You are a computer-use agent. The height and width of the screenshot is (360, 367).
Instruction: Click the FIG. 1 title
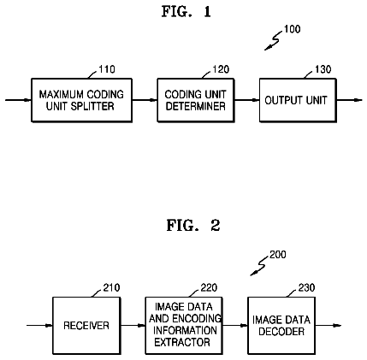pos(186,12)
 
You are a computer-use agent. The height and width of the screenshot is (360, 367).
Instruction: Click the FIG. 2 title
pos(193,225)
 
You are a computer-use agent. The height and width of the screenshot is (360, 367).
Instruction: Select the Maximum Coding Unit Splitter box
pos(81,100)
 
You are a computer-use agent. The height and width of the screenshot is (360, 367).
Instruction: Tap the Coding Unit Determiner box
pos(196,100)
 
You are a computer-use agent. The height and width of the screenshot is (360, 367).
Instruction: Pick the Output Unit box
pos(298,100)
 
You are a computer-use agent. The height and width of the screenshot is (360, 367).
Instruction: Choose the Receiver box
pos(86,326)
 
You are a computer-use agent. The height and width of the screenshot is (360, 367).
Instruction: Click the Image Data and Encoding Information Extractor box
pos(184,326)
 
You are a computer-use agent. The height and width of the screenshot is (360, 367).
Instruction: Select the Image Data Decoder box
pos(281,326)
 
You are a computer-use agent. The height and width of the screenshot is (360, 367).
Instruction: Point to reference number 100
pos(292,29)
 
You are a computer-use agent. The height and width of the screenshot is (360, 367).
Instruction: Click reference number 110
pos(107,69)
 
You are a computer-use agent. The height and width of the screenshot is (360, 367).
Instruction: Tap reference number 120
pos(221,69)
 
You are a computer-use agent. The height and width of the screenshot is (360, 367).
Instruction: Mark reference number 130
pos(323,69)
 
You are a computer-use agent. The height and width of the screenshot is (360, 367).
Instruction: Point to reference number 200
pos(278,255)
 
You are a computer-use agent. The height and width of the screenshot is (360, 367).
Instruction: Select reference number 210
pos(111,287)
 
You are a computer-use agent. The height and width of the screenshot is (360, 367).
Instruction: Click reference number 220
pos(209,287)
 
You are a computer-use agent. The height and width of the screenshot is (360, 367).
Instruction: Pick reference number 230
pos(306,287)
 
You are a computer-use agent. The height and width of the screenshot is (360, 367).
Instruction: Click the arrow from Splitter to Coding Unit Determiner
pos(145,100)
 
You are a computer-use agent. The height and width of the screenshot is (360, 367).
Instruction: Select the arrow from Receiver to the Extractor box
pos(133,326)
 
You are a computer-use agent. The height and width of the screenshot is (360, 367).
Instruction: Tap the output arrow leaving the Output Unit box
pos(349,100)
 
